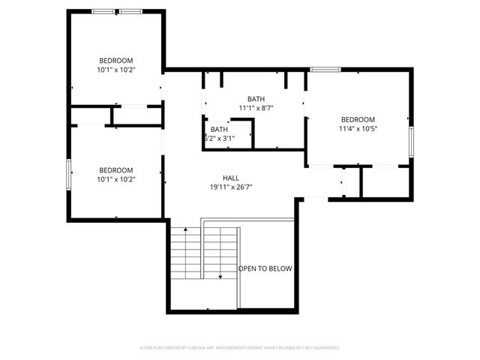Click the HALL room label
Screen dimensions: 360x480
pyautogui.click(x=231, y=178)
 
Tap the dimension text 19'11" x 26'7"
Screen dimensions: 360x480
pyautogui.click(x=231, y=187)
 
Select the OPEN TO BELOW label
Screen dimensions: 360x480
pyautogui.click(x=265, y=268)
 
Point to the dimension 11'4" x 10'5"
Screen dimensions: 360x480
pyautogui.click(x=358, y=128)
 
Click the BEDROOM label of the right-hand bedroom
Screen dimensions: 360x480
pyautogui.click(x=358, y=119)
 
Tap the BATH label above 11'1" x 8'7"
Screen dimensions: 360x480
pyautogui.click(x=256, y=98)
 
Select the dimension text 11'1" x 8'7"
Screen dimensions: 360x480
pyautogui.click(x=256, y=108)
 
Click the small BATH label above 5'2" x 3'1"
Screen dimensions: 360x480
pyautogui.click(x=219, y=129)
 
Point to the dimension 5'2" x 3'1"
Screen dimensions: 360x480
pyautogui.click(x=219, y=138)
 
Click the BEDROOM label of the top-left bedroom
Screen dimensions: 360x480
pyautogui.click(x=116, y=60)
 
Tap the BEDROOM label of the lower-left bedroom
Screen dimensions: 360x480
pyautogui.click(x=116, y=170)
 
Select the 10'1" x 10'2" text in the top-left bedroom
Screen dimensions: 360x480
pyautogui.click(x=116, y=70)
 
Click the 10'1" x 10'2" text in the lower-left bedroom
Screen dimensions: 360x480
pyautogui.click(x=116, y=179)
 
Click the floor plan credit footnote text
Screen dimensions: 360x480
pyautogui.click(x=240, y=348)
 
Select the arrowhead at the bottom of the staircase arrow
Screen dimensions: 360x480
pyautogui.click(x=220, y=277)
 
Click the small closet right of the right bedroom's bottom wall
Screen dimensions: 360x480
pyautogui.click(x=385, y=181)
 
